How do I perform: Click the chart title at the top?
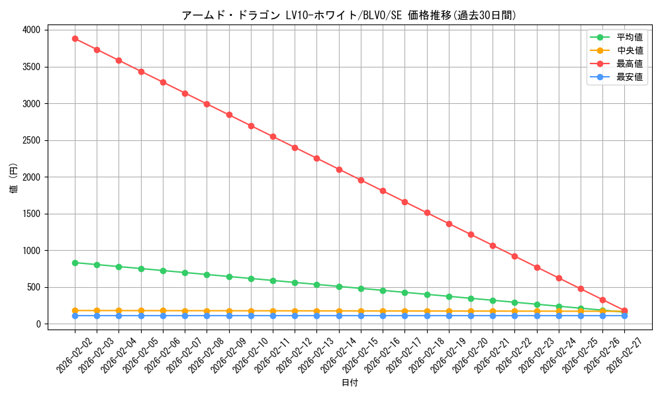click(x=349, y=15)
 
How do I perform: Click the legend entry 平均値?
click(x=629, y=38)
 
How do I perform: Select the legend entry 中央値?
click(x=629, y=50)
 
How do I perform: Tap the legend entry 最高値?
click(x=629, y=64)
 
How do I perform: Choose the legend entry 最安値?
click(x=629, y=77)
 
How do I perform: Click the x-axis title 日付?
click(x=350, y=383)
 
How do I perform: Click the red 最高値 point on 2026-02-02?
click(x=75, y=38)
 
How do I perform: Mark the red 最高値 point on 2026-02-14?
click(x=339, y=169)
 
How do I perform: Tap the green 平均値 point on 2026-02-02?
click(x=75, y=263)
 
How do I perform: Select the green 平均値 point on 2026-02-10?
click(x=251, y=279)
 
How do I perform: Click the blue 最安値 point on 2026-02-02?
click(x=75, y=316)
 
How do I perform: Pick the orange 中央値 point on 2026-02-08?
click(x=207, y=311)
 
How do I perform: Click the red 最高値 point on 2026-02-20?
click(x=471, y=234)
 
